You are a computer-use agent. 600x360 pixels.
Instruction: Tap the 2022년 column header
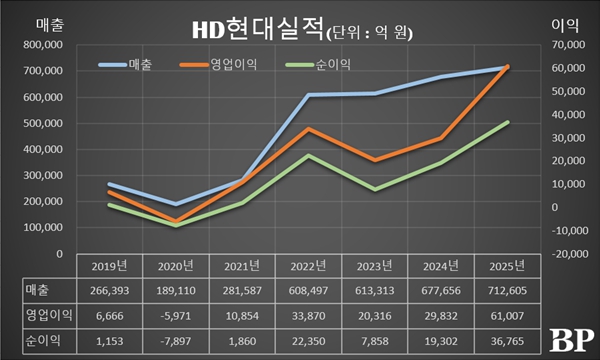(309, 266)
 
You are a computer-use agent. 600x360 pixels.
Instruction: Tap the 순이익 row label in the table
(40, 340)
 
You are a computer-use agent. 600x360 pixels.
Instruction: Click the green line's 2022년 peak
(309, 155)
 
